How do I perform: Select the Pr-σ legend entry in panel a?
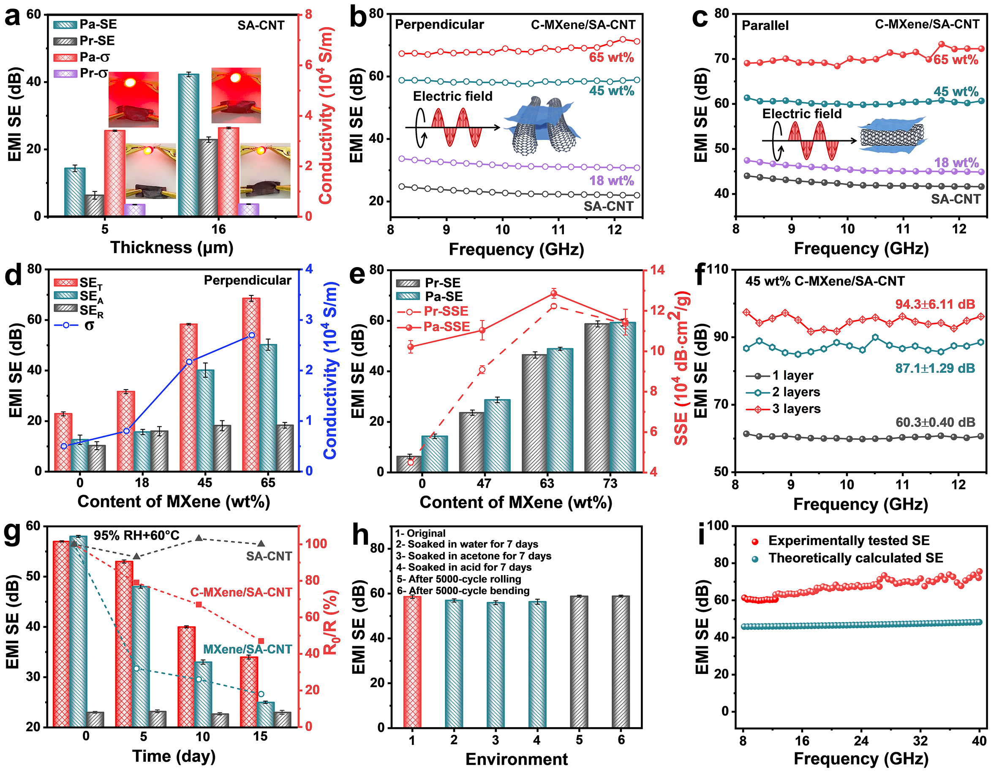pyautogui.click(x=82, y=73)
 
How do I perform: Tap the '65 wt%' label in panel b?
pyautogui.click(x=611, y=57)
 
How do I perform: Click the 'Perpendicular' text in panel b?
pyautogui.click(x=439, y=25)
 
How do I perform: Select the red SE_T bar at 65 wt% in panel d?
pyautogui.click(x=251, y=384)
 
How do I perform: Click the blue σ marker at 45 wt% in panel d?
pyautogui.click(x=189, y=361)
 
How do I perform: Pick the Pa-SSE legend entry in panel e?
pyautogui.click(x=433, y=327)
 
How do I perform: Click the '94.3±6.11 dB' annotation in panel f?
pyautogui.click(x=935, y=304)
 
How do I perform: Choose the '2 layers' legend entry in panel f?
pyautogui.click(x=783, y=392)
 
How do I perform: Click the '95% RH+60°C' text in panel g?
pyautogui.click(x=136, y=535)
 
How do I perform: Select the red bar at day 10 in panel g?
pyautogui.click(x=186, y=676)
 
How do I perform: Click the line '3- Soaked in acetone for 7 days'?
pyautogui.click(x=473, y=556)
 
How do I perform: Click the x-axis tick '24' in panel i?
pyautogui.click(x=861, y=741)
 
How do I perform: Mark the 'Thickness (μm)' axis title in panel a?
pyautogui.click(x=172, y=248)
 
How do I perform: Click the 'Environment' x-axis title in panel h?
pyautogui.click(x=516, y=759)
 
